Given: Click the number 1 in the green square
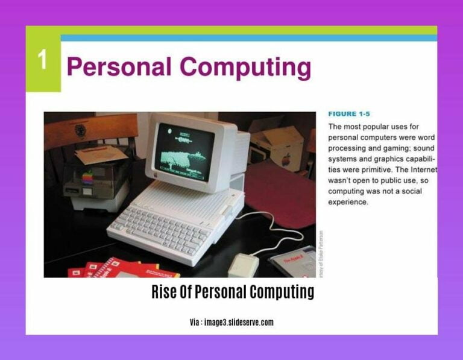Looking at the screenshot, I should pos(43,60).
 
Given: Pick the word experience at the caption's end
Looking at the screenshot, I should pos(347,202).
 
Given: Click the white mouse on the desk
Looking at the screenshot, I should pos(244,264).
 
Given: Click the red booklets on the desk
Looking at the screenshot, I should pos(115,268).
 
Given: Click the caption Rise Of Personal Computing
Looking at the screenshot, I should pos(232,292).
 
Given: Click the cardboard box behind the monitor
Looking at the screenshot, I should pos(277,145).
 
